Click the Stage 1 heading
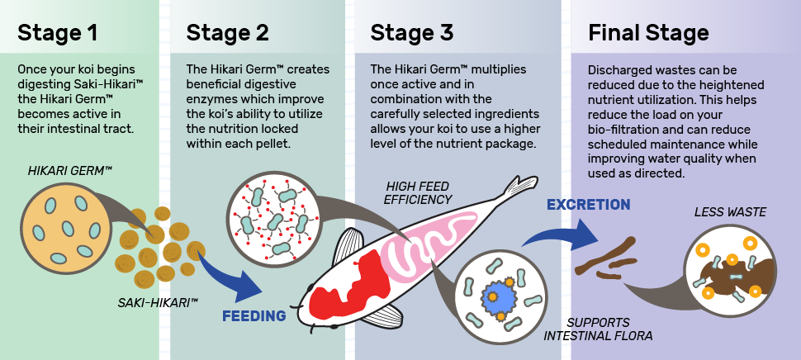click(57, 33)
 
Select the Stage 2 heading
click(227, 33)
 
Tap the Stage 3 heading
click(412, 33)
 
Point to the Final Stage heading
click(648, 33)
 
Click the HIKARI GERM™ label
click(70, 171)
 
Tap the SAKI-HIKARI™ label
click(158, 303)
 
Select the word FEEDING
click(254, 316)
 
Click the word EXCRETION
click(589, 205)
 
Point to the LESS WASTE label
click(730, 212)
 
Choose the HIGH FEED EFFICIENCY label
click(418, 193)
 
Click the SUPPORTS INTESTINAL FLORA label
click(598, 329)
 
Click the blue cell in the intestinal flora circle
click(495, 296)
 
